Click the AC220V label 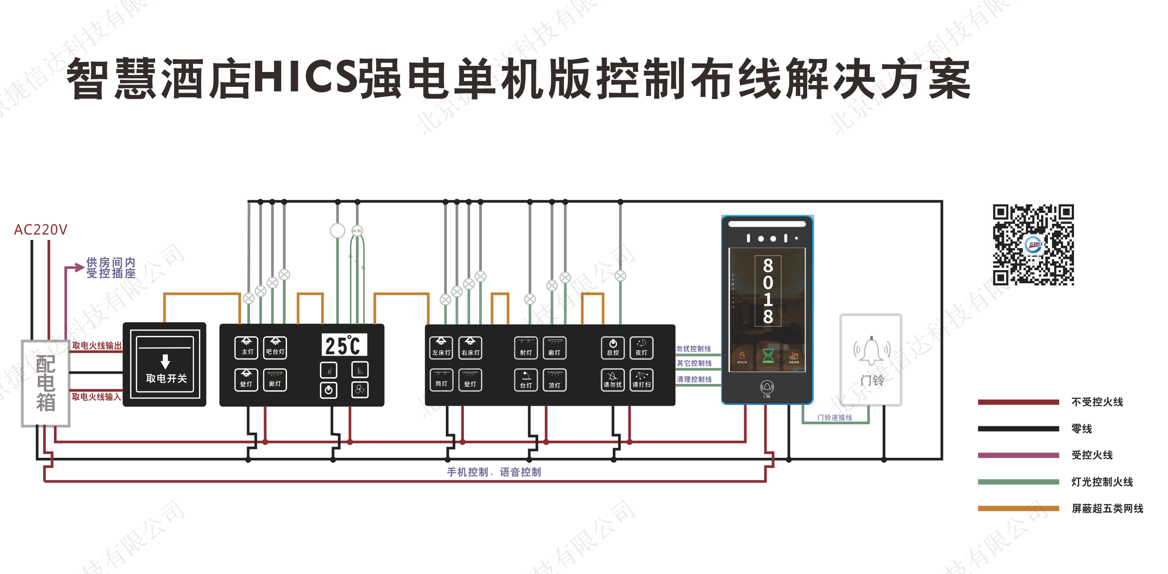[40, 230]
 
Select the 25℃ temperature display [344, 346]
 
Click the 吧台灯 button [275, 347]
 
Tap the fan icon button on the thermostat [359, 390]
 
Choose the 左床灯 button [441, 348]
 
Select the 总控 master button [612, 348]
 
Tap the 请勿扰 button [612, 380]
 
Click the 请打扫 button [641, 380]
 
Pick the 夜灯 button [641, 348]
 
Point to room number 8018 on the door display [768, 291]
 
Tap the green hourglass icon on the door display [768, 356]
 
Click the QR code [1033, 244]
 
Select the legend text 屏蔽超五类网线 [1107, 508]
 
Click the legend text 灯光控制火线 [1102, 482]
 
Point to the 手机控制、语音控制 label [494, 472]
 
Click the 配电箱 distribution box [46, 384]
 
